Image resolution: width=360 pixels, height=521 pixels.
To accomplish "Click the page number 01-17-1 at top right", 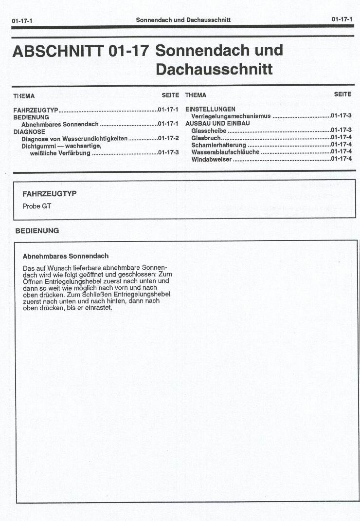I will (x=342, y=19).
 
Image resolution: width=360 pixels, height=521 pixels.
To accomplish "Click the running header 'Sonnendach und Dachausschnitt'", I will (x=183, y=20).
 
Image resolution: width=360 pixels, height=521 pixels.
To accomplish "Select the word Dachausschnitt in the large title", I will (x=214, y=70).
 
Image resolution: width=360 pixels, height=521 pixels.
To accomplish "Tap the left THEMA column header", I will (x=24, y=96).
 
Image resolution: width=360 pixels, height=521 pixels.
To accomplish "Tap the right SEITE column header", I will (x=342, y=94).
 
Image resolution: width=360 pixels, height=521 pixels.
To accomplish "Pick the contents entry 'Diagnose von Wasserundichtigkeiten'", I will (x=74, y=139).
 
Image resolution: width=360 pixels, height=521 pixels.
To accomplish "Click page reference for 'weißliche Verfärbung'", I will (x=168, y=153).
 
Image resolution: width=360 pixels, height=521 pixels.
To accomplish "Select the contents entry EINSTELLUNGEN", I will (x=210, y=109).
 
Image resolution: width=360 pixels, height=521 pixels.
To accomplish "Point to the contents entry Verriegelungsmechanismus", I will (x=231, y=116).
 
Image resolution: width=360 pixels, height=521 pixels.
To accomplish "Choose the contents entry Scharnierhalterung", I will (x=218, y=145).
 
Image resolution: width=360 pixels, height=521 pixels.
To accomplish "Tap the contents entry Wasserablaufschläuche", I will (x=225, y=152).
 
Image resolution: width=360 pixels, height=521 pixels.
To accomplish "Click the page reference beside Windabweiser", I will (x=341, y=159).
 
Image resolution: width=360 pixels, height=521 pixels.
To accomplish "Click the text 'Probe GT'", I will (x=36, y=206).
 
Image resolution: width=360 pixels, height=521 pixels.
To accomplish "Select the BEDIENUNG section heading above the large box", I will (x=37, y=231).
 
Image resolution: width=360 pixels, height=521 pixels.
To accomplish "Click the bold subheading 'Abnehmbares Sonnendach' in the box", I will (x=65, y=256).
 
